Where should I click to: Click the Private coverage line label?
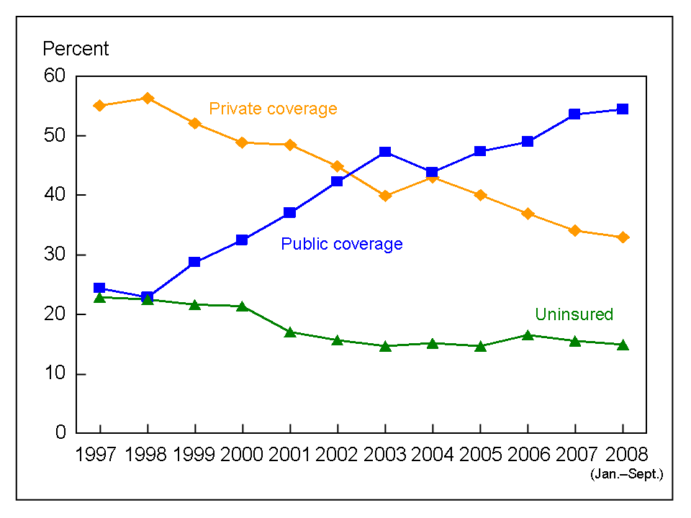pyautogui.click(x=273, y=109)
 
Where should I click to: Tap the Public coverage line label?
pyautogui.click(x=341, y=244)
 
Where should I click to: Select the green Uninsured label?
pyautogui.click(x=574, y=314)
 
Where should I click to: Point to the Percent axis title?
pyautogui.click(x=76, y=49)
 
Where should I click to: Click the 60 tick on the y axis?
pyautogui.click(x=54, y=76)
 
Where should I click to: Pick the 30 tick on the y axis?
pyautogui.click(x=54, y=255)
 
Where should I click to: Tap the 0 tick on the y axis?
pyautogui.click(x=60, y=433)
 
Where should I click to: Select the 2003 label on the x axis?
pyautogui.click(x=385, y=455)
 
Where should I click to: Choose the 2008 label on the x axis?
pyautogui.click(x=623, y=455)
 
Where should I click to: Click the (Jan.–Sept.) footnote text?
pyautogui.click(x=625, y=475)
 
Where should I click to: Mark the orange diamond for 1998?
pyautogui.click(x=147, y=98)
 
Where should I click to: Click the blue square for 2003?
pyautogui.click(x=385, y=152)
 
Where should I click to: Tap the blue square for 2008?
pyautogui.click(x=623, y=109)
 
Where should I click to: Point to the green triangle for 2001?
pyautogui.click(x=289, y=332)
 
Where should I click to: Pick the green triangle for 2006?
pyautogui.click(x=528, y=335)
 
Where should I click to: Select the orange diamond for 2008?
pyautogui.click(x=623, y=237)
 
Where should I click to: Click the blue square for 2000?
pyautogui.click(x=242, y=240)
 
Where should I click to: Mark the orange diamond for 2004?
pyautogui.click(x=433, y=177)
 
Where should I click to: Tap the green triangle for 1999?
pyautogui.click(x=194, y=304)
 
